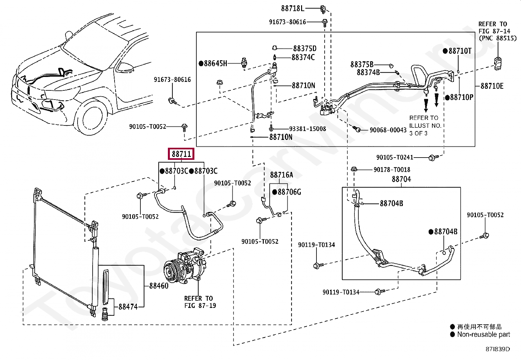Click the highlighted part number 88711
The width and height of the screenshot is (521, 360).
(181, 154)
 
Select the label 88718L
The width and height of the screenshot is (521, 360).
(292, 9)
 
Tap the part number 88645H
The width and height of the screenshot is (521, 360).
(215, 63)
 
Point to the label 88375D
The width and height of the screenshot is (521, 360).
(305, 48)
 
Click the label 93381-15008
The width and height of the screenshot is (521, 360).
(308, 129)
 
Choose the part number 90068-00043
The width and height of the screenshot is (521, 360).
(388, 130)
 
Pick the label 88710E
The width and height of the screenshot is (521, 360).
(492, 86)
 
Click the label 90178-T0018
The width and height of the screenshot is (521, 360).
(392, 170)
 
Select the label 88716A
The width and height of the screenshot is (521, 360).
(281, 175)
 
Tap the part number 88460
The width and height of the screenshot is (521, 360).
(159, 286)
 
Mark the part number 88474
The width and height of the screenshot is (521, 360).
(128, 307)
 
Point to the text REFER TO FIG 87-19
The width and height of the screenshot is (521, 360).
(200, 302)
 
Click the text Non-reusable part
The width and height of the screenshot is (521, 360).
(484, 334)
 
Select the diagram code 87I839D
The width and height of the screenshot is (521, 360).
(497, 349)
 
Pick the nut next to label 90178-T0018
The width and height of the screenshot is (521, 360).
(354, 169)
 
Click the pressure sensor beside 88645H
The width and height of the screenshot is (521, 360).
(244, 63)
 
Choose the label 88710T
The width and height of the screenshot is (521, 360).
(460, 51)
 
